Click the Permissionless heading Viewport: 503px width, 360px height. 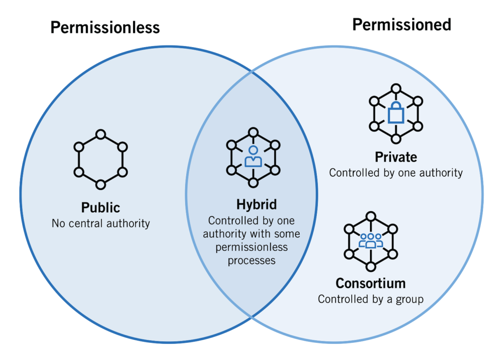(x=105, y=28)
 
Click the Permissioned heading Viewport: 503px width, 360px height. (x=401, y=25)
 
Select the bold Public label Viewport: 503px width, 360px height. (x=100, y=208)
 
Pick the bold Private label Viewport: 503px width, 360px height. (x=395, y=157)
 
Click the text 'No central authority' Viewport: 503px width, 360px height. (x=100, y=223)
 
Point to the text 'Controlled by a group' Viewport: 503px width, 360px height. (x=370, y=299)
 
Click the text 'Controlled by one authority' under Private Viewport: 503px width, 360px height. (x=395, y=173)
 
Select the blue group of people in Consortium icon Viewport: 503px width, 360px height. (x=370, y=241)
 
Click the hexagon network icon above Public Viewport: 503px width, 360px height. (x=100, y=159)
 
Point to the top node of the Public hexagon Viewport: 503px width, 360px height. (x=100, y=134)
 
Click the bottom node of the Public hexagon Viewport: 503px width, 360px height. (x=100, y=185)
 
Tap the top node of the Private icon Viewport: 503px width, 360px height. (x=395, y=89)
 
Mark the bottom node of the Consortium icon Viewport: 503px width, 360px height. (x=370, y=267)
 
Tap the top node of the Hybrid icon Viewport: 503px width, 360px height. (x=253, y=132)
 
